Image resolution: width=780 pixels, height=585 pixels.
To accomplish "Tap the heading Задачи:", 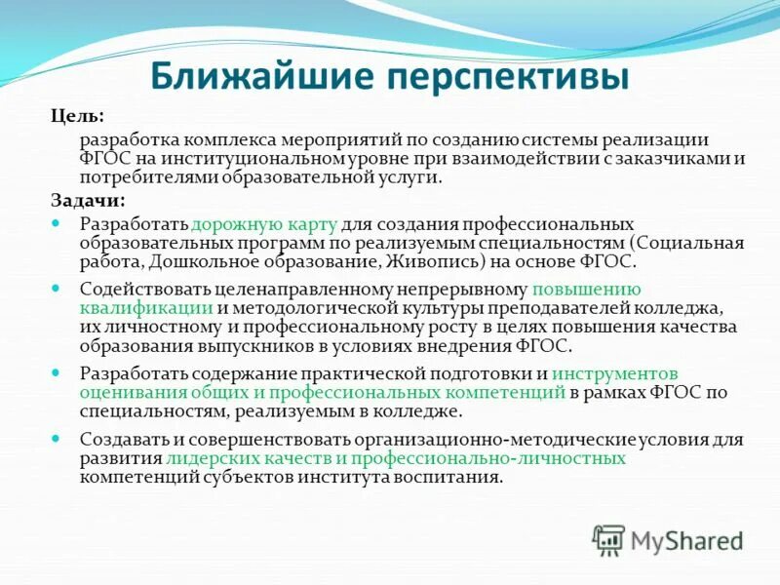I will pos(88,200).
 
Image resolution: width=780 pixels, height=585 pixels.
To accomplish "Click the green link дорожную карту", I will pos(251,224).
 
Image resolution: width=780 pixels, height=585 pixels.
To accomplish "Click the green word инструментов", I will pos(614,373).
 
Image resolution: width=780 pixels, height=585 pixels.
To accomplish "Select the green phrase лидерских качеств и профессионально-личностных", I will pos(396,457).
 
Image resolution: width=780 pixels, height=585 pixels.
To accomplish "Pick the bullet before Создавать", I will pos(57,439).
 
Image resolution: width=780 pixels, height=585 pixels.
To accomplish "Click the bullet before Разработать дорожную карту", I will pos(57,224).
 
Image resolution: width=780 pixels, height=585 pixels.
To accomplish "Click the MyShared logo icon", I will pos(608,538).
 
